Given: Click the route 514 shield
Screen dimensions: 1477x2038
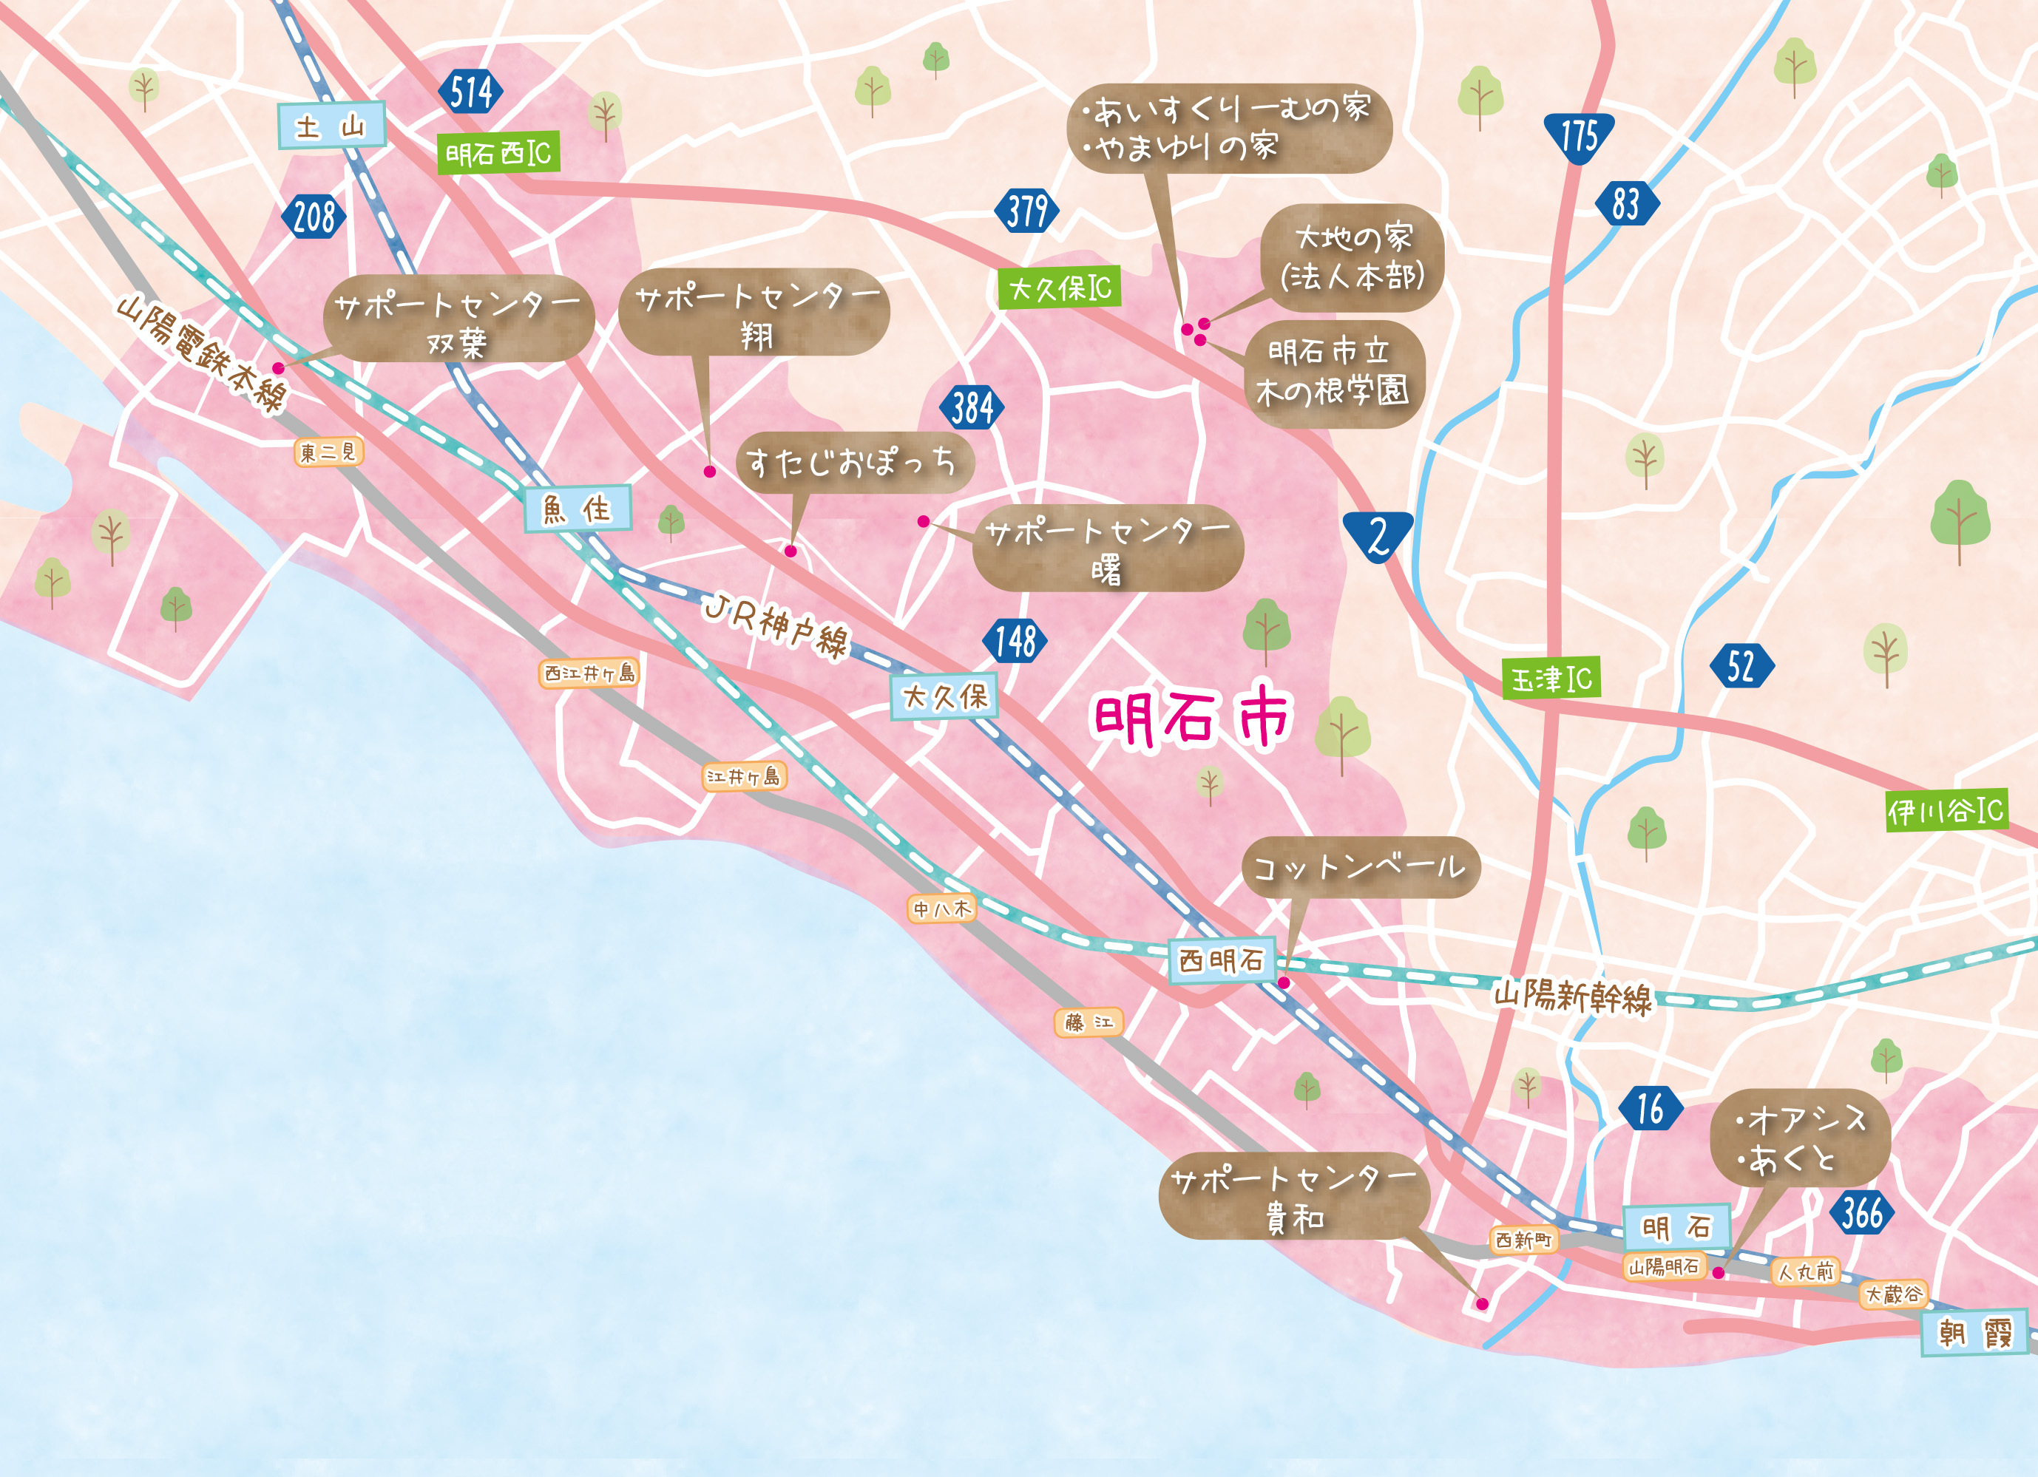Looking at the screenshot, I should click(x=471, y=92).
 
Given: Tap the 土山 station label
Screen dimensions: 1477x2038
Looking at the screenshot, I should click(x=331, y=126).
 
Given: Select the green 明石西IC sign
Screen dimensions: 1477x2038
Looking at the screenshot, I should click(x=498, y=154).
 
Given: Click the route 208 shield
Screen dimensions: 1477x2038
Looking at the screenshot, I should click(x=314, y=217).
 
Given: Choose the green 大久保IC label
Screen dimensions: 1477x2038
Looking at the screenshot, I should click(x=1060, y=288).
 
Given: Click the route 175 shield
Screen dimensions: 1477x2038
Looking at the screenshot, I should click(x=1578, y=137).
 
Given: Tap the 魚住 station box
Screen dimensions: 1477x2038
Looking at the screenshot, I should click(x=578, y=509).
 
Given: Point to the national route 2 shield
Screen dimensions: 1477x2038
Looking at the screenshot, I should click(x=1378, y=537).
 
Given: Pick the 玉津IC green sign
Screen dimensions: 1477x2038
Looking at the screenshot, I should click(x=1551, y=679).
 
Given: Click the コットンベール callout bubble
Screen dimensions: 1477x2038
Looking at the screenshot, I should click(x=1360, y=867).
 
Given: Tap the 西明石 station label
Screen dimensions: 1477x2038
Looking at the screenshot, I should click(x=1221, y=960).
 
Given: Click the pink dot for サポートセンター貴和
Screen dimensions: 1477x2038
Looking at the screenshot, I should click(x=1482, y=1303).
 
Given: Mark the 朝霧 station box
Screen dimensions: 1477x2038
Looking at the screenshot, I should click(x=1975, y=1334).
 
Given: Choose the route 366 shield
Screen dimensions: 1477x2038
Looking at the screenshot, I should click(x=1862, y=1213).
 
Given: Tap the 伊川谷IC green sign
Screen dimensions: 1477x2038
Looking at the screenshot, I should click(x=1945, y=811).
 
